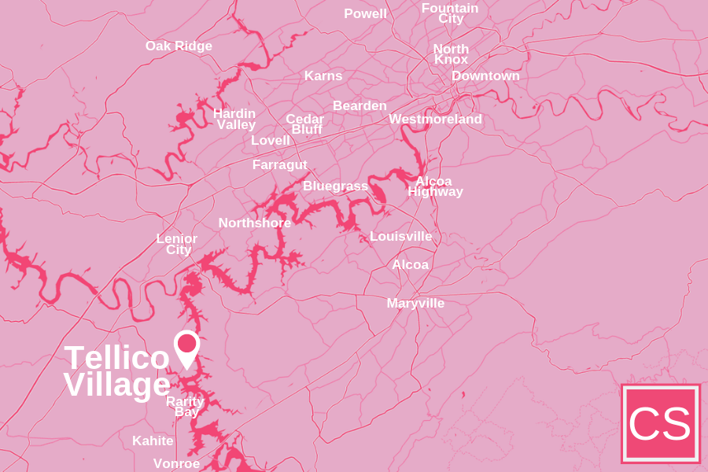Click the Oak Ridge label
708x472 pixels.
tap(179, 46)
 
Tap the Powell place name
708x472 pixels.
tap(365, 14)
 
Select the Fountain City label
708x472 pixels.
tap(450, 13)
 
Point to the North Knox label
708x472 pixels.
tap(451, 54)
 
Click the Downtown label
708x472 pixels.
tap(485, 76)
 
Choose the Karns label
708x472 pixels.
tap(323, 76)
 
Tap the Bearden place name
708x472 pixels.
tap(360, 105)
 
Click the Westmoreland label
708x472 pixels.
tap(435, 120)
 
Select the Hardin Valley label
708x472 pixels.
tap(235, 119)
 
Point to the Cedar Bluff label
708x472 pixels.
tap(305, 124)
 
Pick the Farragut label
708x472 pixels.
tap(279, 165)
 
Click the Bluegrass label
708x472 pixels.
tap(335, 186)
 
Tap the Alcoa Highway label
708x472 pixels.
tap(435, 186)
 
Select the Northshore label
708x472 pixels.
tap(254, 223)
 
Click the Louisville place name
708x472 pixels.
tap(400, 237)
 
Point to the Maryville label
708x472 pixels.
tap(415, 304)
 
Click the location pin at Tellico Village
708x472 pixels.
tap(186, 346)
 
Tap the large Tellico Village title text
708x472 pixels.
tap(116, 371)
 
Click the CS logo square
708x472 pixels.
tap(660, 423)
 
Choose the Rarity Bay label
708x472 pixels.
tap(186, 407)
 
